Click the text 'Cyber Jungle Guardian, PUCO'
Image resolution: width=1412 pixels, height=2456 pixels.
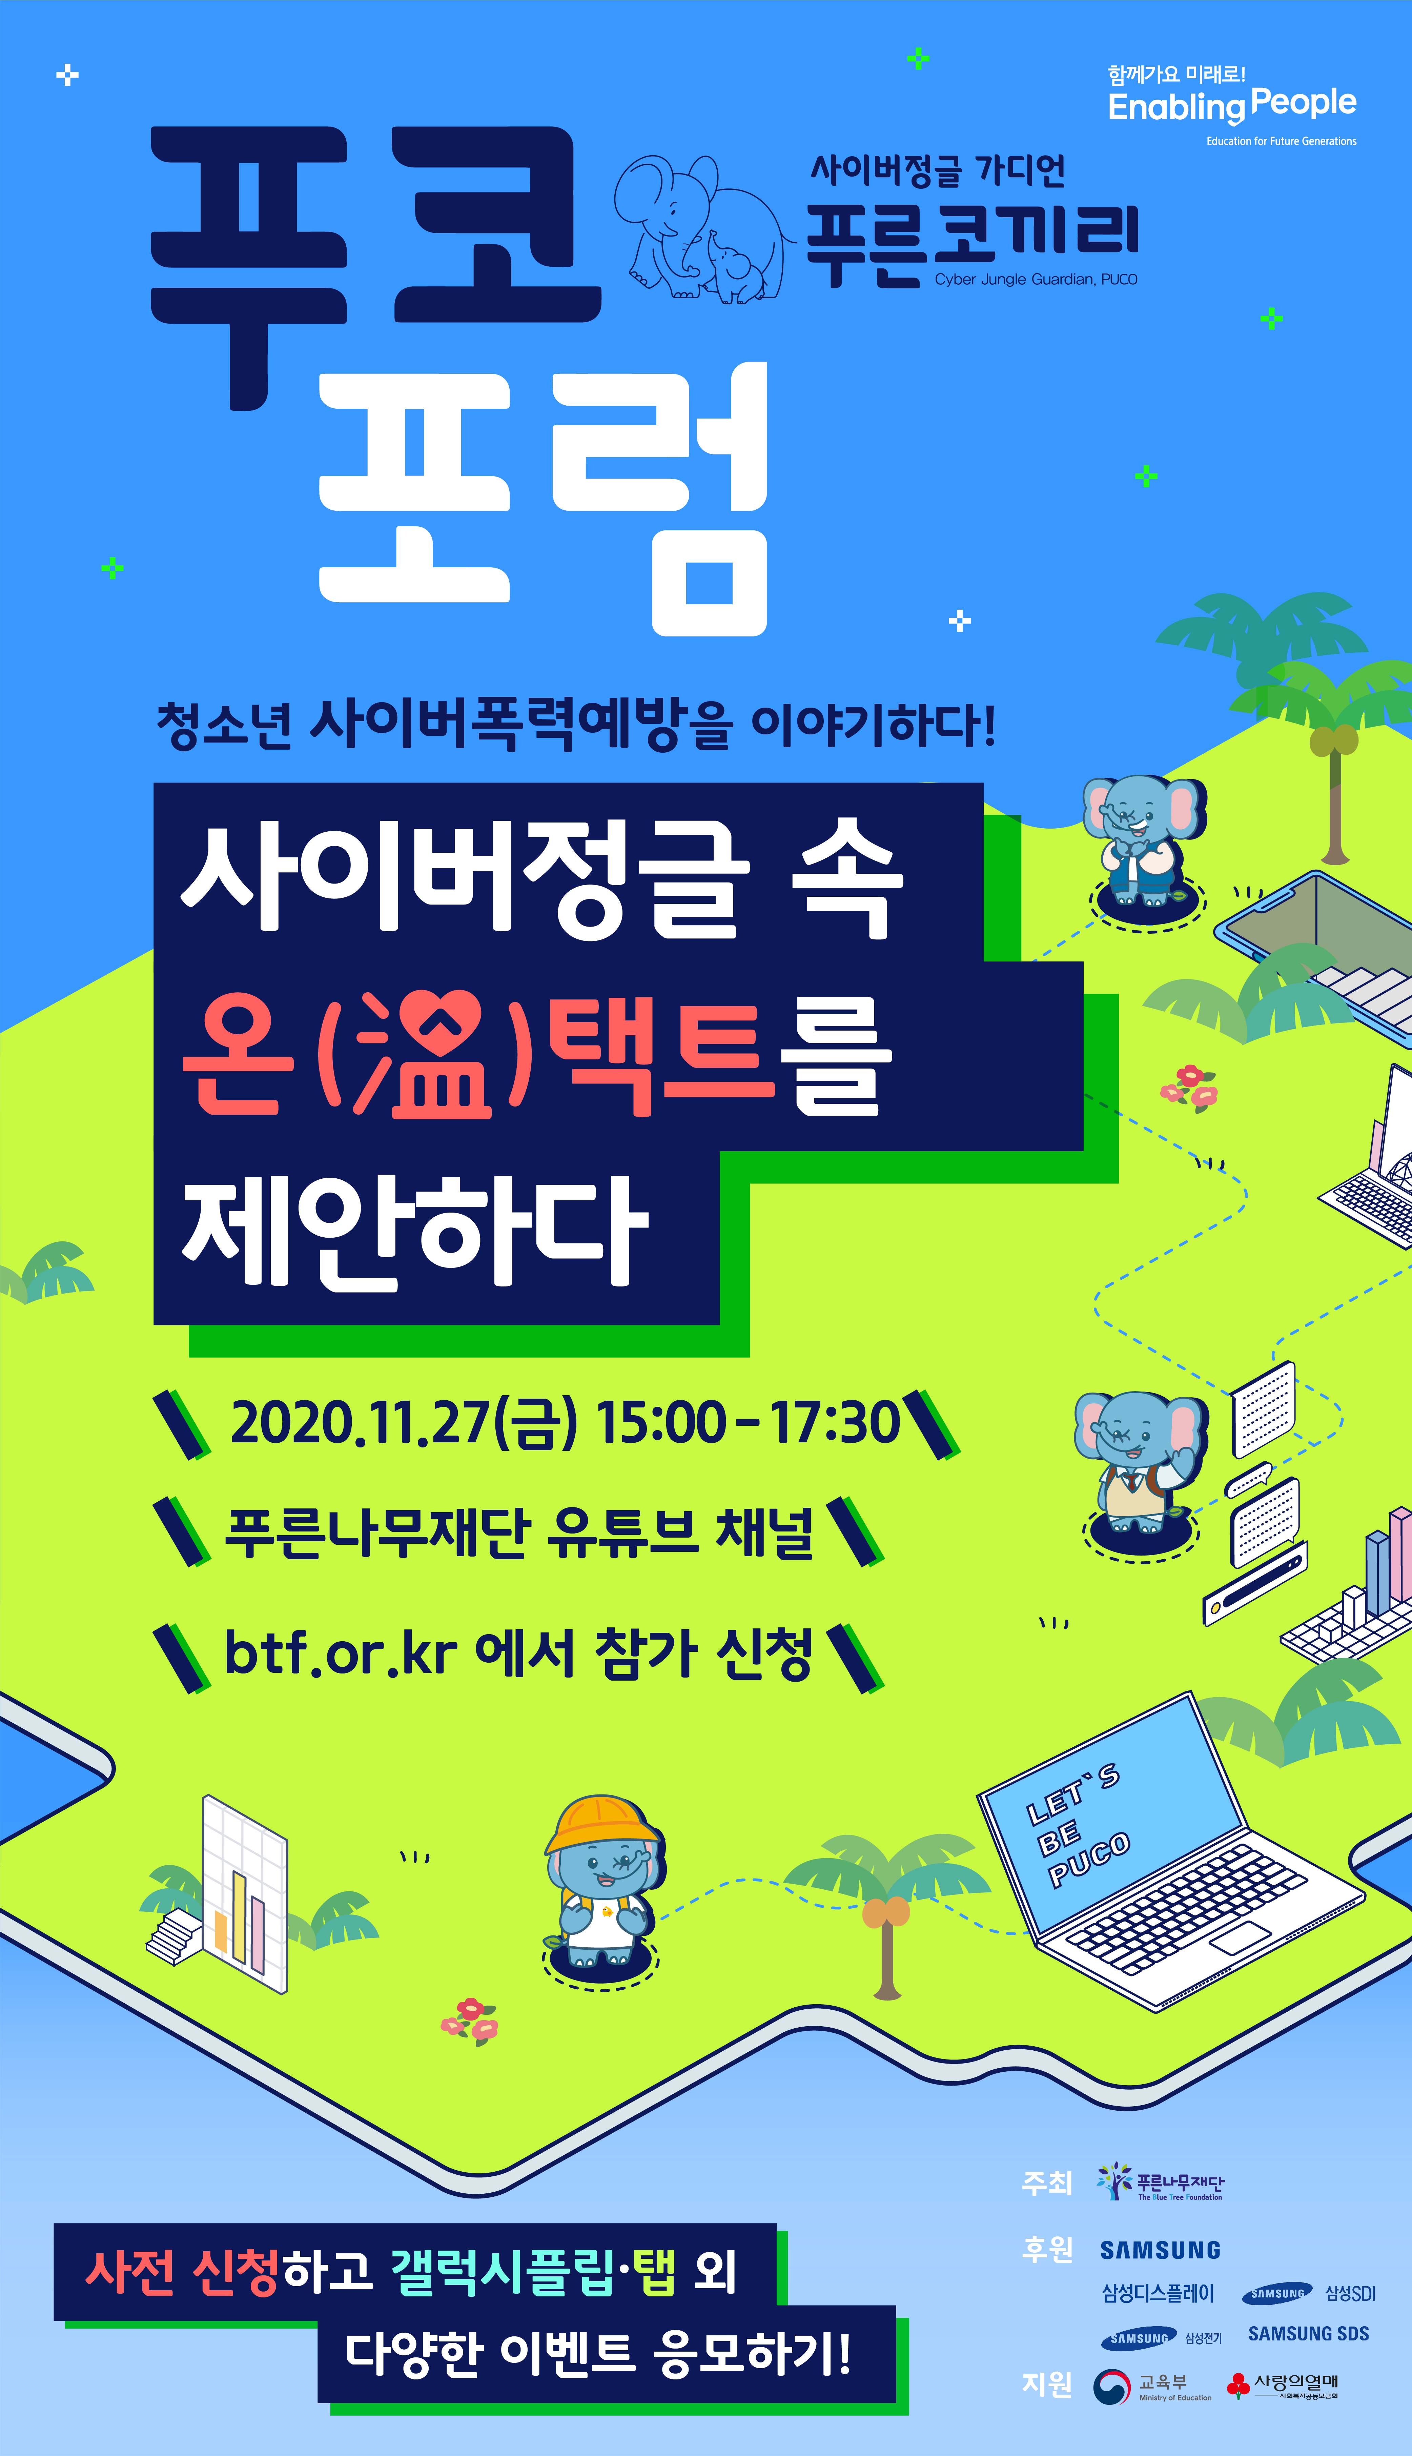tap(1036, 279)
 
